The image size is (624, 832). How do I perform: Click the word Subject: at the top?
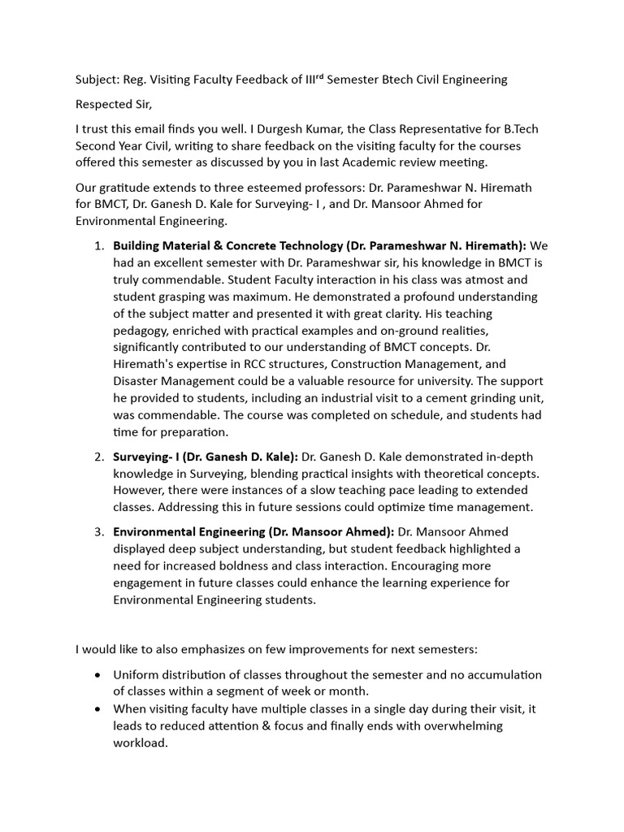coord(97,79)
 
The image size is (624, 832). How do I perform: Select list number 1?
coord(98,246)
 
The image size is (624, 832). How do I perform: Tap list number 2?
coord(98,457)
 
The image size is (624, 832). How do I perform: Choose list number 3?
coord(98,532)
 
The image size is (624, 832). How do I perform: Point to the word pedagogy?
coord(142,331)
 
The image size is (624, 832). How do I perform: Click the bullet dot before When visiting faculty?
coord(98,709)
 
